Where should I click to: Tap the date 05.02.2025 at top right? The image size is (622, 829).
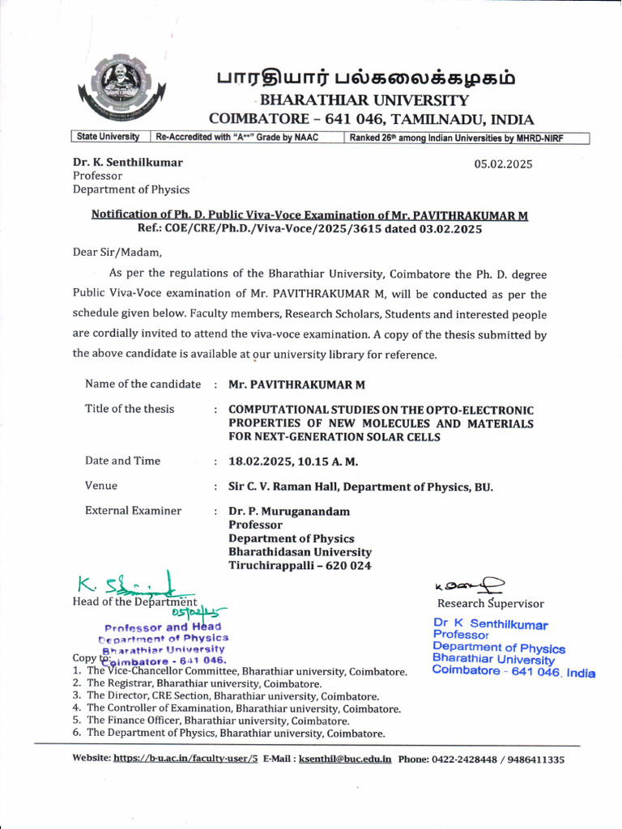(503, 164)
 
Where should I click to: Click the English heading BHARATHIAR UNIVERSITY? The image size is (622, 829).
(362, 100)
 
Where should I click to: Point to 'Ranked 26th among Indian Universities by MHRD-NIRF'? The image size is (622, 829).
(456, 138)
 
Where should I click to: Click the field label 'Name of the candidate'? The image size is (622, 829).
(143, 384)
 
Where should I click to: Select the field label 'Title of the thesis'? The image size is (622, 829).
(130, 409)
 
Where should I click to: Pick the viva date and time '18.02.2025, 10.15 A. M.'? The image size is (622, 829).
(293, 461)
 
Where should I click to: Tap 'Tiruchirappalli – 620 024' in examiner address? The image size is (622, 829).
(300, 566)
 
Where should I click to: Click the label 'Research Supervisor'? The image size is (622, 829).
(491, 603)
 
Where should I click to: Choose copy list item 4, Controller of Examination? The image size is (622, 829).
(243, 708)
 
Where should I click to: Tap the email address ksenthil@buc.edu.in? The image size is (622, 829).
(345, 759)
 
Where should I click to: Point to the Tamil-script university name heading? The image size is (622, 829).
(365, 79)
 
